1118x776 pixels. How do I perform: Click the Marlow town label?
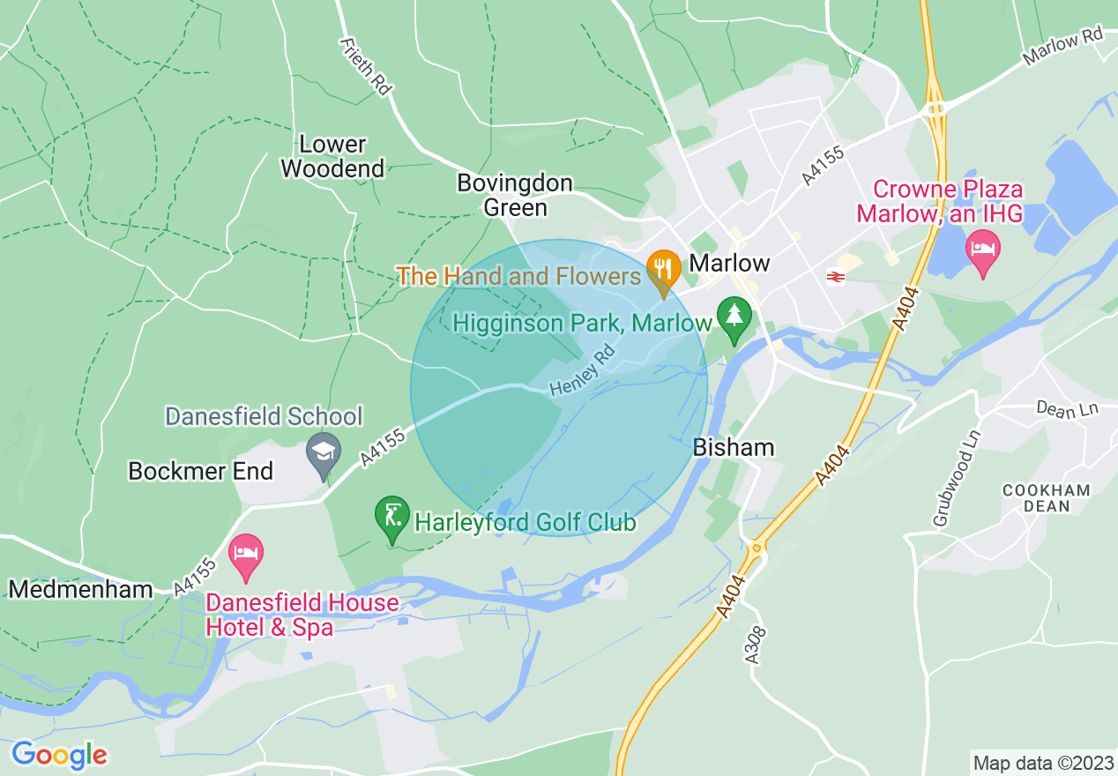coord(729,263)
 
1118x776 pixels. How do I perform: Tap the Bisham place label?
coord(734,447)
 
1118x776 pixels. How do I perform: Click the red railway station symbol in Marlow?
coord(834,277)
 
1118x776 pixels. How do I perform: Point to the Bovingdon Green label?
coord(515,195)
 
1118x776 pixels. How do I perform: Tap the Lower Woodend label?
coord(332,156)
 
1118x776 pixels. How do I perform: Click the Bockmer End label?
coord(201,471)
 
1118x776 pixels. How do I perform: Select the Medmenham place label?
coord(81,588)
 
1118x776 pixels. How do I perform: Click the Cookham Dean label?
coord(1047,498)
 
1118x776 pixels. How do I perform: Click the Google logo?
coord(59,755)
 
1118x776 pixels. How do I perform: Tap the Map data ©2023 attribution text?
coord(1041,762)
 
